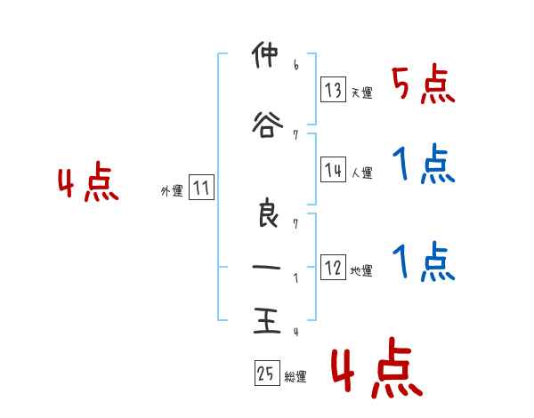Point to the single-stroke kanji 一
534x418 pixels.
pyautogui.click(x=264, y=267)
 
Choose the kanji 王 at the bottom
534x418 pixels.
pyautogui.click(x=264, y=321)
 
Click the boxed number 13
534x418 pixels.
pyautogui.click(x=333, y=91)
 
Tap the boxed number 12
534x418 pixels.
pyautogui.click(x=333, y=269)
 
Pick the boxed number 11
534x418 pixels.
pyautogui.click(x=201, y=189)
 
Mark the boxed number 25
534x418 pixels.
pyautogui.click(x=266, y=374)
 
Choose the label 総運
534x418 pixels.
pyautogui.click(x=295, y=377)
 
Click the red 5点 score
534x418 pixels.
pyautogui.click(x=424, y=85)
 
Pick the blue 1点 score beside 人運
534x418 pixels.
pyautogui.click(x=424, y=165)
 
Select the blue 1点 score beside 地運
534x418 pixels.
pyautogui.click(x=424, y=261)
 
